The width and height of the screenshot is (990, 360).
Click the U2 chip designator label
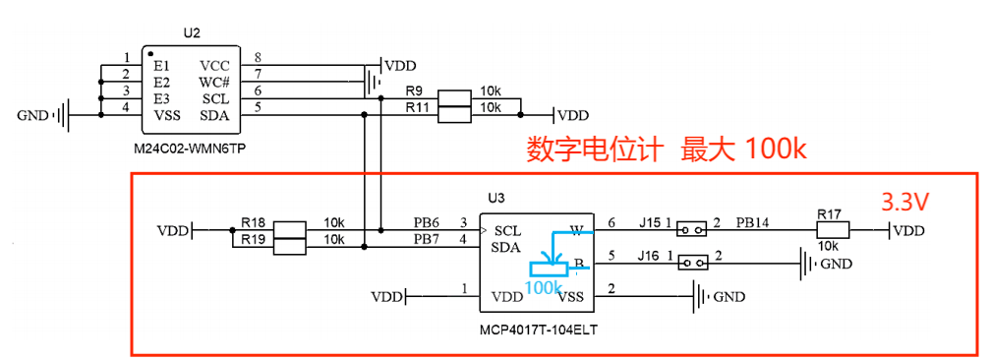pos(192,33)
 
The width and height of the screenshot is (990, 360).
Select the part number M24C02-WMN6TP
pos(191,148)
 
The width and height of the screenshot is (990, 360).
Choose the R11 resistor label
pos(417,106)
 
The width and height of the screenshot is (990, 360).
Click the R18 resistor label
pos(253,223)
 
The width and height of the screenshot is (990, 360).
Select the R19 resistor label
pos(253,239)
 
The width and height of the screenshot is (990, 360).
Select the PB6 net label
pos(426,223)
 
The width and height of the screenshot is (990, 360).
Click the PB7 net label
pos(426,239)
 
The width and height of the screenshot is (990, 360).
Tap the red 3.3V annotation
pos(905,203)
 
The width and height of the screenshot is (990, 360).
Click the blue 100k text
pos(544,287)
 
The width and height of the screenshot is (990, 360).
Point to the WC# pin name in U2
pos(214,82)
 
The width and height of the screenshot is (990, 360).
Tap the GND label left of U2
pos(33,116)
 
